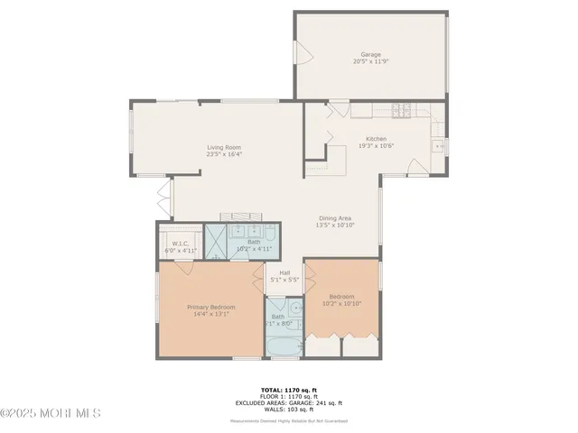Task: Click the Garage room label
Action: [370, 54]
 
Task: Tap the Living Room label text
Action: [224, 147]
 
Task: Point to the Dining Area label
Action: [333, 217]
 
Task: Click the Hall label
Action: [284, 272]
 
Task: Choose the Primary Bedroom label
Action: [210, 307]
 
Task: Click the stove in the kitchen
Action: [401, 112]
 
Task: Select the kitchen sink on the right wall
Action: [439, 144]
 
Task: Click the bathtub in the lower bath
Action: [285, 346]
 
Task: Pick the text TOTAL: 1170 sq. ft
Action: [287, 389]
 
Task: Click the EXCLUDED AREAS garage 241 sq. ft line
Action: [287, 402]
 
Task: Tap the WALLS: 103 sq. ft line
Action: [287, 410]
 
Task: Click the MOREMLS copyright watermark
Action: [51, 413]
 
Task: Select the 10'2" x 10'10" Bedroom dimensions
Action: [341, 304]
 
